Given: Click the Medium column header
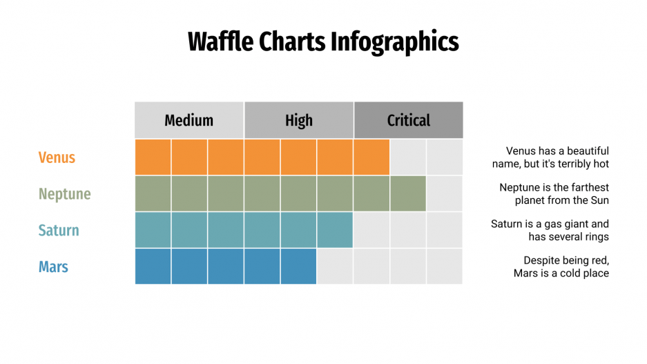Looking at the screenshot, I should pyautogui.click(x=189, y=120).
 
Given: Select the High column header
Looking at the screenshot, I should pyautogui.click(x=298, y=120).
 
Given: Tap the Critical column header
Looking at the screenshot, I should pyautogui.click(x=408, y=120).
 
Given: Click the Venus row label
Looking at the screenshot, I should pyautogui.click(x=57, y=157).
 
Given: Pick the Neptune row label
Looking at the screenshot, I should pyautogui.click(x=64, y=194).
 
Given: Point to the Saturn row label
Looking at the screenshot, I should pyautogui.click(x=59, y=231).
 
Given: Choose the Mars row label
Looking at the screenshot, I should pyautogui.click(x=53, y=267).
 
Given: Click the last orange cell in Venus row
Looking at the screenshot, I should pyautogui.click(x=371, y=157).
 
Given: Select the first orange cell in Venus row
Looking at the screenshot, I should pyautogui.click(x=153, y=157).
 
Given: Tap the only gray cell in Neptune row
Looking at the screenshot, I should pyautogui.click(x=445, y=193).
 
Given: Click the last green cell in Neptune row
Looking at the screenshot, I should pyautogui.click(x=408, y=193).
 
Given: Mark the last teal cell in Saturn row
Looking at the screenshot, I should pyautogui.click(x=335, y=230).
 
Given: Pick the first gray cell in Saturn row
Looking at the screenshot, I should pyautogui.click(x=371, y=230).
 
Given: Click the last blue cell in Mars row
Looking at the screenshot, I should pyautogui.click(x=298, y=267).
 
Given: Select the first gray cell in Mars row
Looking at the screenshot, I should pyautogui.click(x=335, y=267).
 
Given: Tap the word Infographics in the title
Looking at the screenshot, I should pyautogui.click(x=394, y=41).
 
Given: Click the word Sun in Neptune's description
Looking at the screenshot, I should pyautogui.click(x=599, y=200).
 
